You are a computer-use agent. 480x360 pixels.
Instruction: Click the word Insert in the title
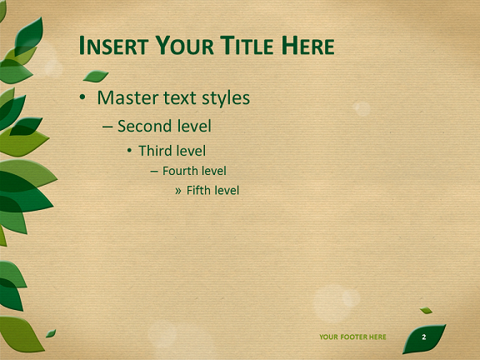click(113, 46)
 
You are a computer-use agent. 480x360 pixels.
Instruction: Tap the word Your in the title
click(185, 46)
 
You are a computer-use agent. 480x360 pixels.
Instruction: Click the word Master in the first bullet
click(128, 98)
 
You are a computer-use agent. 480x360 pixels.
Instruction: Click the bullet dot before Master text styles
click(82, 97)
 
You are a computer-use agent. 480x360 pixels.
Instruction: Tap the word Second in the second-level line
click(145, 126)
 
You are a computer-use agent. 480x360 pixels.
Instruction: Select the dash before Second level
click(107, 127)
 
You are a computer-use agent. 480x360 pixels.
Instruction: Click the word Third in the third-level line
click(155, 151)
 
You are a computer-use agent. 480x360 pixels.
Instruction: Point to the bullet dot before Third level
click(129, 150)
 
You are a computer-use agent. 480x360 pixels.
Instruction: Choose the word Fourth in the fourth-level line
click(177, 171)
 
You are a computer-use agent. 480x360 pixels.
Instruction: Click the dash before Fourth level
click(154, 172)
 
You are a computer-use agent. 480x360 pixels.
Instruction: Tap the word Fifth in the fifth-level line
click(197, 190)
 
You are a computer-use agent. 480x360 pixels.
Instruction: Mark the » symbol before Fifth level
click(177, 192)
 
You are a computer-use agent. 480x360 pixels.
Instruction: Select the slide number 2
click(424, 337)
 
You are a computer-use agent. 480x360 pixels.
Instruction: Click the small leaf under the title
click(96, 76)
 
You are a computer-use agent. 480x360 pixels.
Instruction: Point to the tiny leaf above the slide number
click(426, 310)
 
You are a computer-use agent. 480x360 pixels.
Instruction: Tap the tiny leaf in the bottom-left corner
click(51, 333)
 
